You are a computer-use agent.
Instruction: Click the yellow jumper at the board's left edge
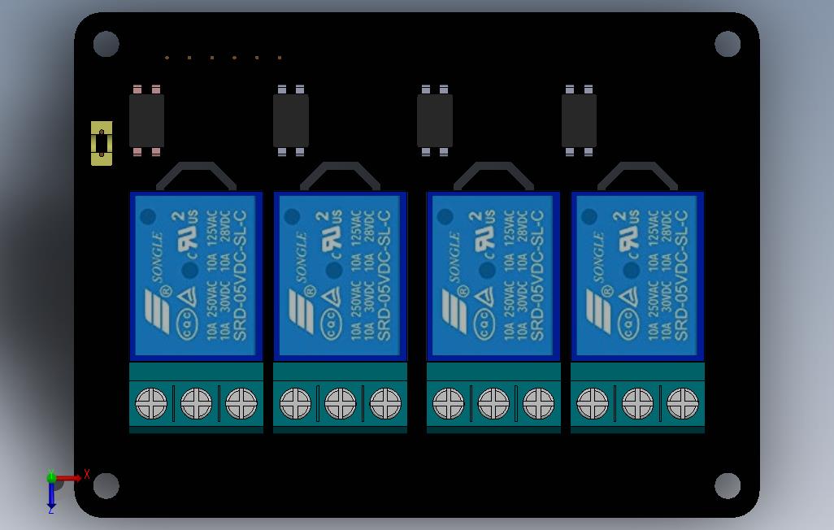coord(101,143)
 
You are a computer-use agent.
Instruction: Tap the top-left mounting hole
coord(106,44)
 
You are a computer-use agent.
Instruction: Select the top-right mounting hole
coord(728,44)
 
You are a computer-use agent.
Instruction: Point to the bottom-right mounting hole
coord(728,486)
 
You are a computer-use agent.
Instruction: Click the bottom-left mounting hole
coord(106,486)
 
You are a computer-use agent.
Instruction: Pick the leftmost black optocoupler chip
coord(146,120)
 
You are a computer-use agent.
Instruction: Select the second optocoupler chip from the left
coord(290,120)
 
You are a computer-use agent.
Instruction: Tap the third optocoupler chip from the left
coord(435,120)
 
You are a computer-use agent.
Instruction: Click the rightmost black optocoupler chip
coord(579,120)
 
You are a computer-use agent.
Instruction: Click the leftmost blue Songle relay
coord(196,276)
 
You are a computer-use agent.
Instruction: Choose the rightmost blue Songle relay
coord(637,276)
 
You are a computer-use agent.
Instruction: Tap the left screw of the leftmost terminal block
coord(151,402)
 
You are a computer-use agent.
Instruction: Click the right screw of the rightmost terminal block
coord(682,402)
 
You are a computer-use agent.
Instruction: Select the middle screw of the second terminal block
coord(340,402)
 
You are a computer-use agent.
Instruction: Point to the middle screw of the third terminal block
coord(493,402)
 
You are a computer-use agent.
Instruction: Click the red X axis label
coord(86,475)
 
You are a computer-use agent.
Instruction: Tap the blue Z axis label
coord(50,510)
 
